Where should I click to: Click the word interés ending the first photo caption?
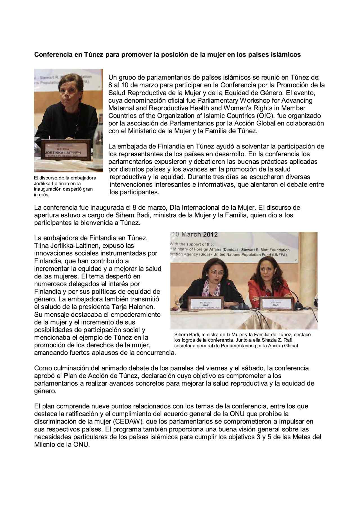coord(41,195)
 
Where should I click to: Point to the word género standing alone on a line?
coord(45,391)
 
